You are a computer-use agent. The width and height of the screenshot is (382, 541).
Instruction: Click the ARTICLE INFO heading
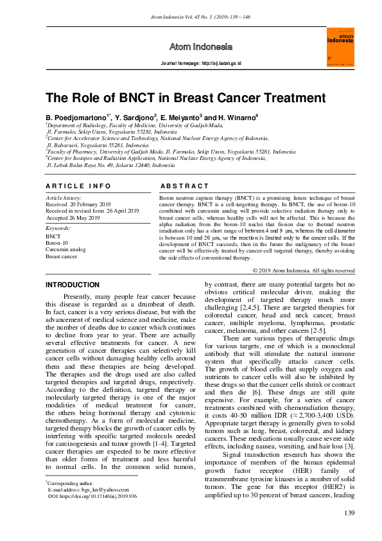point(78,186)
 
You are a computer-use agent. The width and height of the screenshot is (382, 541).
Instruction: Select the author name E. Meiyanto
point(180,118)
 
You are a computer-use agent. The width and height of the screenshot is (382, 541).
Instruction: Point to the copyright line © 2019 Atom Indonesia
point(304,270)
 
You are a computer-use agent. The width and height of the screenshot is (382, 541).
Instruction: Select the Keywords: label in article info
point(58,228)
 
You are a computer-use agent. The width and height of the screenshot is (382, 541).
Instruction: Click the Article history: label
point(64,198)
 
